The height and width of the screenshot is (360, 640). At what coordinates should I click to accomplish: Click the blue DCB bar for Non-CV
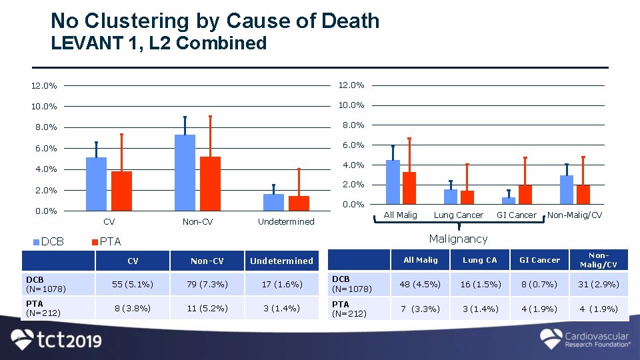point(185,173)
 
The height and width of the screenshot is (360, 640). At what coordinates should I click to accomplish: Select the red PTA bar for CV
point(121,191)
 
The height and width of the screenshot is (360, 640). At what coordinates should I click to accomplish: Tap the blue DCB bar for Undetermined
point(273,203)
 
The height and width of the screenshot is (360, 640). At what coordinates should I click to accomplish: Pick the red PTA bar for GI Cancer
point(525,194)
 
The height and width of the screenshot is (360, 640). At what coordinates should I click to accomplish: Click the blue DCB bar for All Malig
point(393,182)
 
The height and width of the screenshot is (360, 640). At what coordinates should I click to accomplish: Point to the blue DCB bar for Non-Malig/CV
point(567,189)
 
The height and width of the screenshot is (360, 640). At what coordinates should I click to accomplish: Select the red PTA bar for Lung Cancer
point(467,197)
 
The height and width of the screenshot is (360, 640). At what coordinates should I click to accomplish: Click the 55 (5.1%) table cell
point(133,285)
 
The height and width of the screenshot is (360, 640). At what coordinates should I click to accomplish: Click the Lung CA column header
point(480,260)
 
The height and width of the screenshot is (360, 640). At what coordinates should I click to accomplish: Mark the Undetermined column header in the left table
point(281,261)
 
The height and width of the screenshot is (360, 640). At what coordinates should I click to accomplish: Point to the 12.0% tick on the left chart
point(43,85)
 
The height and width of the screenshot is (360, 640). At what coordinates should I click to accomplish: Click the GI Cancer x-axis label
point(516,215)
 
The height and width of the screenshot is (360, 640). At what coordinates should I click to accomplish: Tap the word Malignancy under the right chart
point(458,239)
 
